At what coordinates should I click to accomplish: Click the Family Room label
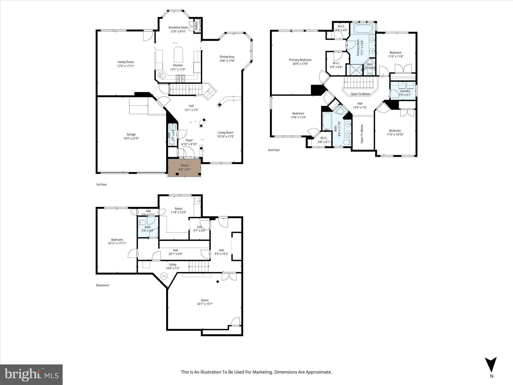pyautogui.click(x=126, y=62)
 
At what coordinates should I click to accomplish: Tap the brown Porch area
pyautogui.click(x=184, y=167)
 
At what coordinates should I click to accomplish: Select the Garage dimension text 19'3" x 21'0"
pyautogui.click(x=131, y=138)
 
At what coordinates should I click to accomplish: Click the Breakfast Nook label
pyautogui.click(x=178, y=28)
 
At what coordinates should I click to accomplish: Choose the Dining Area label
pyautogui.click(x=227, y=57)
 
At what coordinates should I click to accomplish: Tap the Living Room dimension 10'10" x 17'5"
pyautogui.click(x=225, y=137)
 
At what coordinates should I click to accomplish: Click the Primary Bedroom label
pyautogui.click(x=300, y=60)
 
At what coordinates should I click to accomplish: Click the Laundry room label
pyautogui.click(x=405, y=91)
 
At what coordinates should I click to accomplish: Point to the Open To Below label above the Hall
pyautogui.click(x=360, y=94)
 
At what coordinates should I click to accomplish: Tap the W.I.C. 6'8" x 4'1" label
pyautogui.click(x=324, y=140)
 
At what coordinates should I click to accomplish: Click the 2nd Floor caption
pyautogui.click(x=274, y=150)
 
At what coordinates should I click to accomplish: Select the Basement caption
pyautogui.click(x=102, y=285)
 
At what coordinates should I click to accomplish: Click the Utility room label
pyautogui.click(x=173, y=265)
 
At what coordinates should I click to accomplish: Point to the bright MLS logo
pyautogui.click(x=31, y=374)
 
